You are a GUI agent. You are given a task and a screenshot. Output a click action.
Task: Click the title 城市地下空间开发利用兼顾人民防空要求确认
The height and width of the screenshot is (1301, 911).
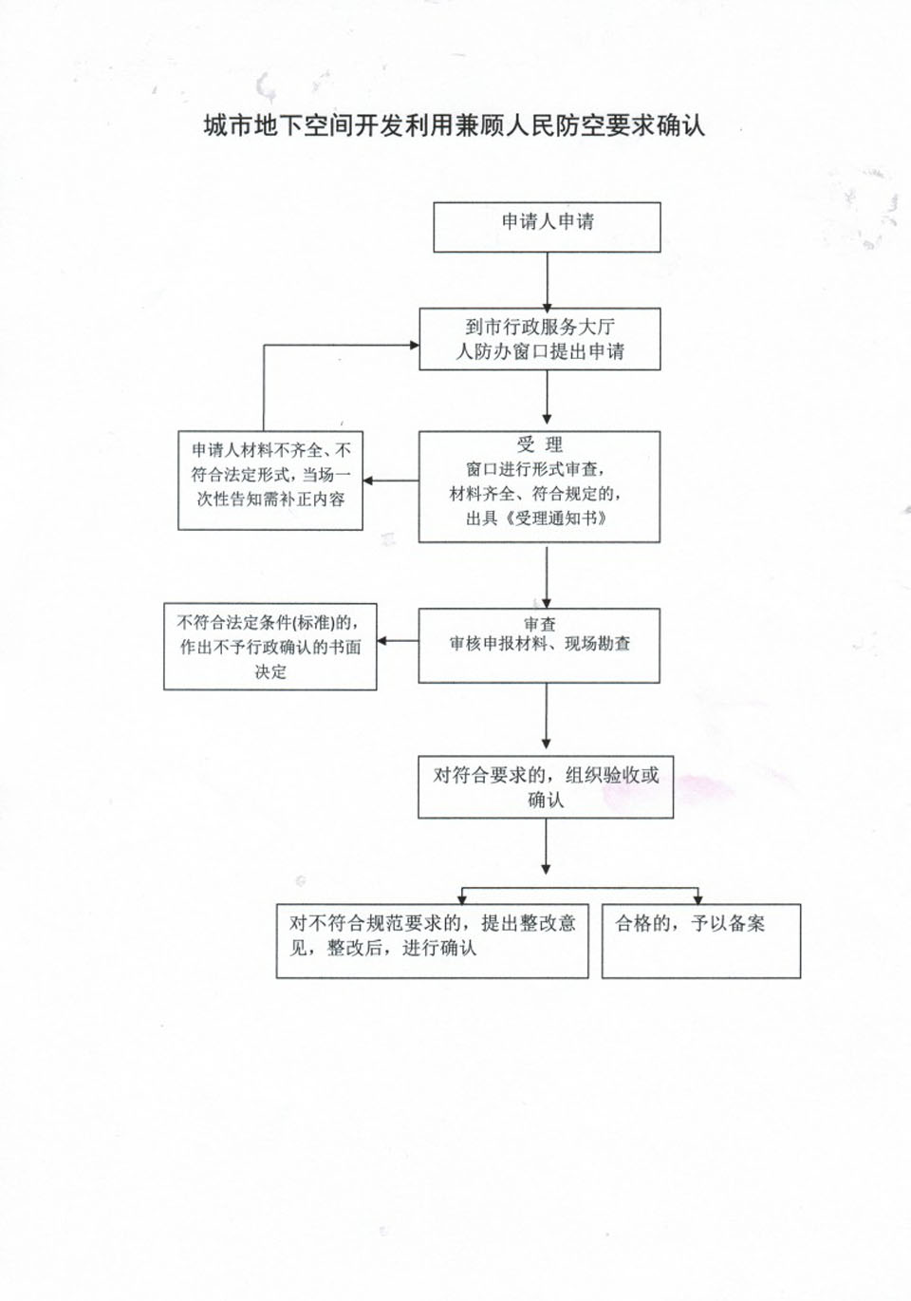pyautogui.click(x=455, y=125)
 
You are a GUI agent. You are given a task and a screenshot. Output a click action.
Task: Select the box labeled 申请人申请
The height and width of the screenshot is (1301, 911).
pyautogui.click(x=547, y=227)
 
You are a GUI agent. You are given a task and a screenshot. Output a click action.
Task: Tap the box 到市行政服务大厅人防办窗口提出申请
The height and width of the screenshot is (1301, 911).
pyautogui.click(x=540, y=339)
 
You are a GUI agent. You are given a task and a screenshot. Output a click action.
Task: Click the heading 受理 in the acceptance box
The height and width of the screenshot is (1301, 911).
pyautogui.click(x=540, y=444)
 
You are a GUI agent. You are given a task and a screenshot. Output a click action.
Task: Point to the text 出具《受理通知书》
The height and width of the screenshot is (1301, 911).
pyautogui.click(x=537, y=519)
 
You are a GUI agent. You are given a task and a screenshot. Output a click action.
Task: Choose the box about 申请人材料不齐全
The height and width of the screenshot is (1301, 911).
pyautogui.click(x=270, y=481)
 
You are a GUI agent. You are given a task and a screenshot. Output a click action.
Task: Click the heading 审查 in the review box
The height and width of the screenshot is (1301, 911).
pyautogui.click(x=540, y=624)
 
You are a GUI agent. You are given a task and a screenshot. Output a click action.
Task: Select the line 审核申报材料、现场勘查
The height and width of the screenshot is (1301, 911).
pyautogui.click(x=540, y=644)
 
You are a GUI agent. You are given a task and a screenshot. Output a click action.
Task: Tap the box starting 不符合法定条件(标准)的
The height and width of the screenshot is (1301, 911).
pyautogui.click(x=270, y=647)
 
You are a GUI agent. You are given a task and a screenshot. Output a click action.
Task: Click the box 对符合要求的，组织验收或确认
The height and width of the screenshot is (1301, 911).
pyautogui.click(x=546, y=787)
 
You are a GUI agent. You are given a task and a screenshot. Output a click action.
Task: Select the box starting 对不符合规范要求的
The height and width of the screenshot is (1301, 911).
pyautogui.click(x=433, y=941)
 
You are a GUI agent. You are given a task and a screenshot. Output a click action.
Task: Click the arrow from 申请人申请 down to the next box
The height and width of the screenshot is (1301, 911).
pyautogui.click(x=547, y=282)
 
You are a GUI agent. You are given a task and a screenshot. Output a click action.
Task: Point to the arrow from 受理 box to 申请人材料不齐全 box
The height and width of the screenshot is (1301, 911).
pyautogui.click(x=391, y=481)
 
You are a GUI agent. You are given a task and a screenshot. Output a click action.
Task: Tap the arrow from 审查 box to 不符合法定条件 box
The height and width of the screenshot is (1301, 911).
pyautogui.click(x=398, y=641)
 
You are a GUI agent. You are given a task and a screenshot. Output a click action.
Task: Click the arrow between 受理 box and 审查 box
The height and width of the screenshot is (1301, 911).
pyautogui.click(x=546, y=575)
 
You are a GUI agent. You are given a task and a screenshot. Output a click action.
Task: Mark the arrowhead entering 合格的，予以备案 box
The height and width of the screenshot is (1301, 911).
pyautogui.click(x=697, y=899)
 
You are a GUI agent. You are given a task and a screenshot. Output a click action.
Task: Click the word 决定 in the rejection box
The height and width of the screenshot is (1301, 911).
pyautogui.click(x=270, y=672)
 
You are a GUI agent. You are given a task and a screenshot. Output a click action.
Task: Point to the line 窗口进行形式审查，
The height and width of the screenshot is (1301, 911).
pyautogui.click(x=537, y=469)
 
